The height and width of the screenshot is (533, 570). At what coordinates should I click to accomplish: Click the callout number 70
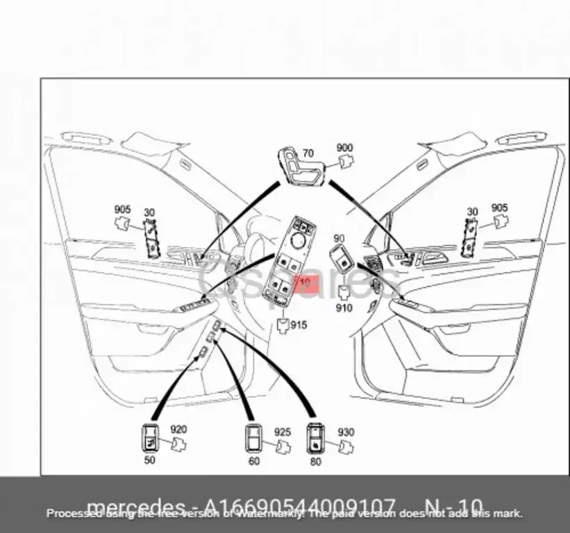click(x=308, y=153)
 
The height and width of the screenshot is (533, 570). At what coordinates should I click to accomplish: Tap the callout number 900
click(x=344, y=148)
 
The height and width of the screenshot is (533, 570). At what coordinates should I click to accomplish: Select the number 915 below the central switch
click(x=298, y=325)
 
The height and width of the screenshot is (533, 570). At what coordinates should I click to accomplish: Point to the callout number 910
click(x=344, y=308)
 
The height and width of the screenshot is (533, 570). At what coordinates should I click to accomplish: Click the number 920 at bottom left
click(x=178, y=430)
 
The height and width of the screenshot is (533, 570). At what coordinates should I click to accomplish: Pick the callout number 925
click(x=282, y=432)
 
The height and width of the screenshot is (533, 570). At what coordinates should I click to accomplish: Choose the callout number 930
click(x=345, y=432)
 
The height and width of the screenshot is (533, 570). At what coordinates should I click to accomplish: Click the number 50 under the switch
click(x=150, y=460)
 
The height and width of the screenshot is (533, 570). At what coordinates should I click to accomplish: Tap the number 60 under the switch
click(x=254, y=461)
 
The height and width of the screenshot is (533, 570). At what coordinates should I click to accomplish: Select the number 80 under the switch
click(x=316, y=461)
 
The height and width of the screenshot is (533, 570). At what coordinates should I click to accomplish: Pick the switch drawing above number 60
click(x=253, y=437)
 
